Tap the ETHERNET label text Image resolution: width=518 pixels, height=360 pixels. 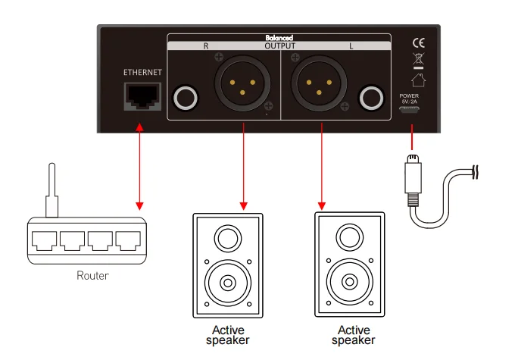point(142,72)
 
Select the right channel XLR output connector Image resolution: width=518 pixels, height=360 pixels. point(242,83)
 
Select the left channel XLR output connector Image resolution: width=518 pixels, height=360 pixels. point(321,83)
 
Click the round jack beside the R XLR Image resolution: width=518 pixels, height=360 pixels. point(186,99)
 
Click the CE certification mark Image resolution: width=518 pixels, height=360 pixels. point(417,42)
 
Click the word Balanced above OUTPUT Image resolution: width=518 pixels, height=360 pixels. point(279,37)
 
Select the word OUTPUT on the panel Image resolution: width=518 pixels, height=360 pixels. point(279,45)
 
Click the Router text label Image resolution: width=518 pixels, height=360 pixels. point(92,275)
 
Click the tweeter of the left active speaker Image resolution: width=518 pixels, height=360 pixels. point(228,240)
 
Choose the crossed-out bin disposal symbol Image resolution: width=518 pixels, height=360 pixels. point(417,59)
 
